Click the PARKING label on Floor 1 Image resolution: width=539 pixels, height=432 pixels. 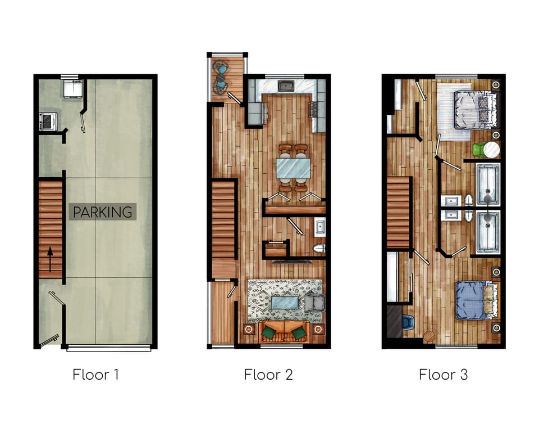coord(102,212)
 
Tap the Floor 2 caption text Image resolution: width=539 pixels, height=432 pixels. coord(268,375)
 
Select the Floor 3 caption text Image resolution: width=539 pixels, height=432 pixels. coord(443,375)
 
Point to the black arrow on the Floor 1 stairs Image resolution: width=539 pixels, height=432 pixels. coord(50,259)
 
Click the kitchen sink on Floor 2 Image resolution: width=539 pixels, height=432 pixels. coord(285,85)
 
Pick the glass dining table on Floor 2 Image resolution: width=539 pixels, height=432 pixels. coord(293,168)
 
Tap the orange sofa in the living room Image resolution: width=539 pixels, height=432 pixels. coord(284,332)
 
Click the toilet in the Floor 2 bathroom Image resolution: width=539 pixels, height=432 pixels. coord(319,249)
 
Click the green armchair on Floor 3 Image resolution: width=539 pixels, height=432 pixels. coord(478,150)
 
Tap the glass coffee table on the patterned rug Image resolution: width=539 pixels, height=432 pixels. coord(285,303)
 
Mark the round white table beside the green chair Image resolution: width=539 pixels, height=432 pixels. coord(492,150)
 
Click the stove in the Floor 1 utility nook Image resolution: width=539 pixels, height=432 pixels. coord(48,121)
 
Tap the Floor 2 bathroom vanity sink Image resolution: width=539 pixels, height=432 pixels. coord(319,227)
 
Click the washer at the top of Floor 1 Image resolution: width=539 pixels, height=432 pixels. coord(73,88)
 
